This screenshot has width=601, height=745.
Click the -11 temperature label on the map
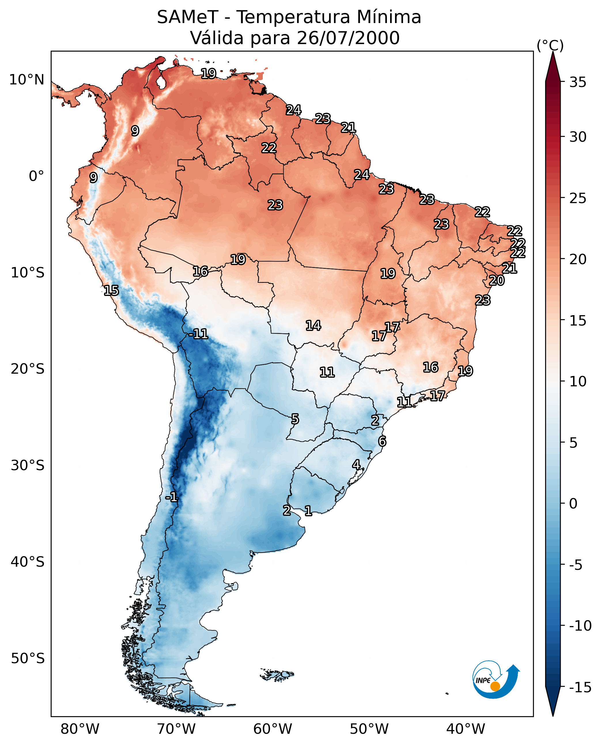[199, 334]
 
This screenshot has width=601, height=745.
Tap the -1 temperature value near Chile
[171, 498]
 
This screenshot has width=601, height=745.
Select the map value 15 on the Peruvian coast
[111, 290]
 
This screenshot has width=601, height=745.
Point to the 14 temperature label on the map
[313, 326]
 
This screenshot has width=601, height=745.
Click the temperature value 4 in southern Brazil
[356, 465]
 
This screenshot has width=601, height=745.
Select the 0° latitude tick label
[36, 176]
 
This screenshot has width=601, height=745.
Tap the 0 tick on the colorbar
[573, 504]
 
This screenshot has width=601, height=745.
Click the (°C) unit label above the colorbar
[550, 45]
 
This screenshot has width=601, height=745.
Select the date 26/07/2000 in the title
[348, 38]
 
